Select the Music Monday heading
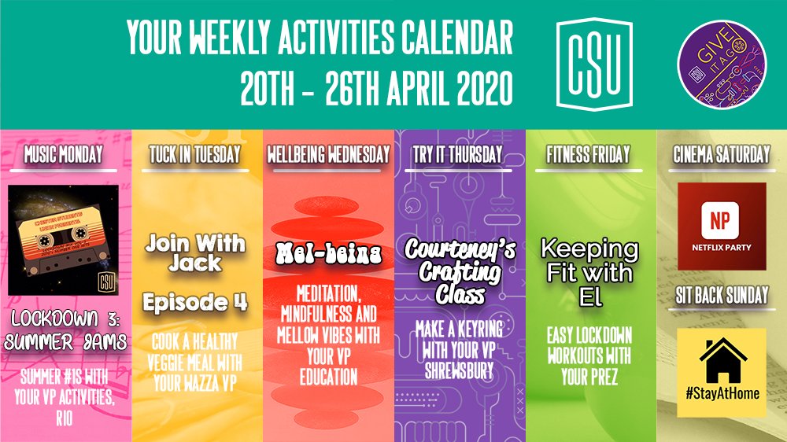point(63,155)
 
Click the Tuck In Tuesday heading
point(194,155)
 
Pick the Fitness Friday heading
point(589,155)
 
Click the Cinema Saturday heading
point(720,155)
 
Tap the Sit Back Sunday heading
point(720,296)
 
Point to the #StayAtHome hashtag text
point(720,392)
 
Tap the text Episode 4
point(194,302)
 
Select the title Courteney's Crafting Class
point(460,272)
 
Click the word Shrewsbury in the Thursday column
point(460,364)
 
